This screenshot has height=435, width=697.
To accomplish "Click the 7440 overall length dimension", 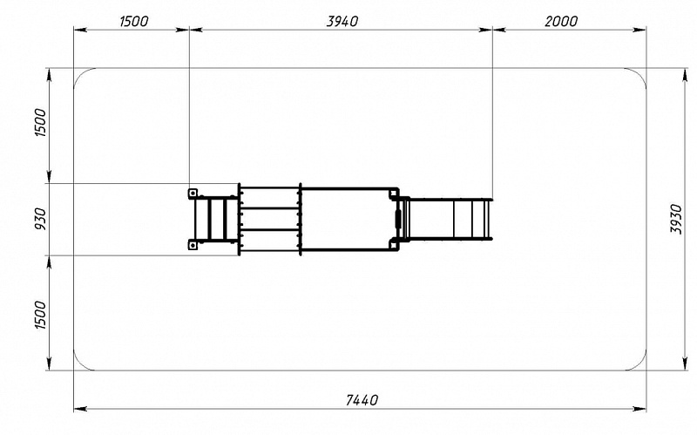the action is point(362,400).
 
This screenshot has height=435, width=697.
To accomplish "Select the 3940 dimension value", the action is point(342,21).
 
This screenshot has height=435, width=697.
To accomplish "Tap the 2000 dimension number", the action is point(561,21).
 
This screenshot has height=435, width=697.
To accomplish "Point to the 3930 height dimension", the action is point(676,219).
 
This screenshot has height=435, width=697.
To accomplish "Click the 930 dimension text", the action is point(40,219).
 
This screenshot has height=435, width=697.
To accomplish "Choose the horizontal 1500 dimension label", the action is point(134,21).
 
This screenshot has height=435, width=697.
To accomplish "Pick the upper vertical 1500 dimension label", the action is point(40,122).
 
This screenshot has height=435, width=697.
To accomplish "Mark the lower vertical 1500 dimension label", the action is point(40,315).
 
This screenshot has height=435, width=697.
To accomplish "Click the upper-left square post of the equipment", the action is point(193,193).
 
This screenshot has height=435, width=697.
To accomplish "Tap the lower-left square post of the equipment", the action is point(193,245).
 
